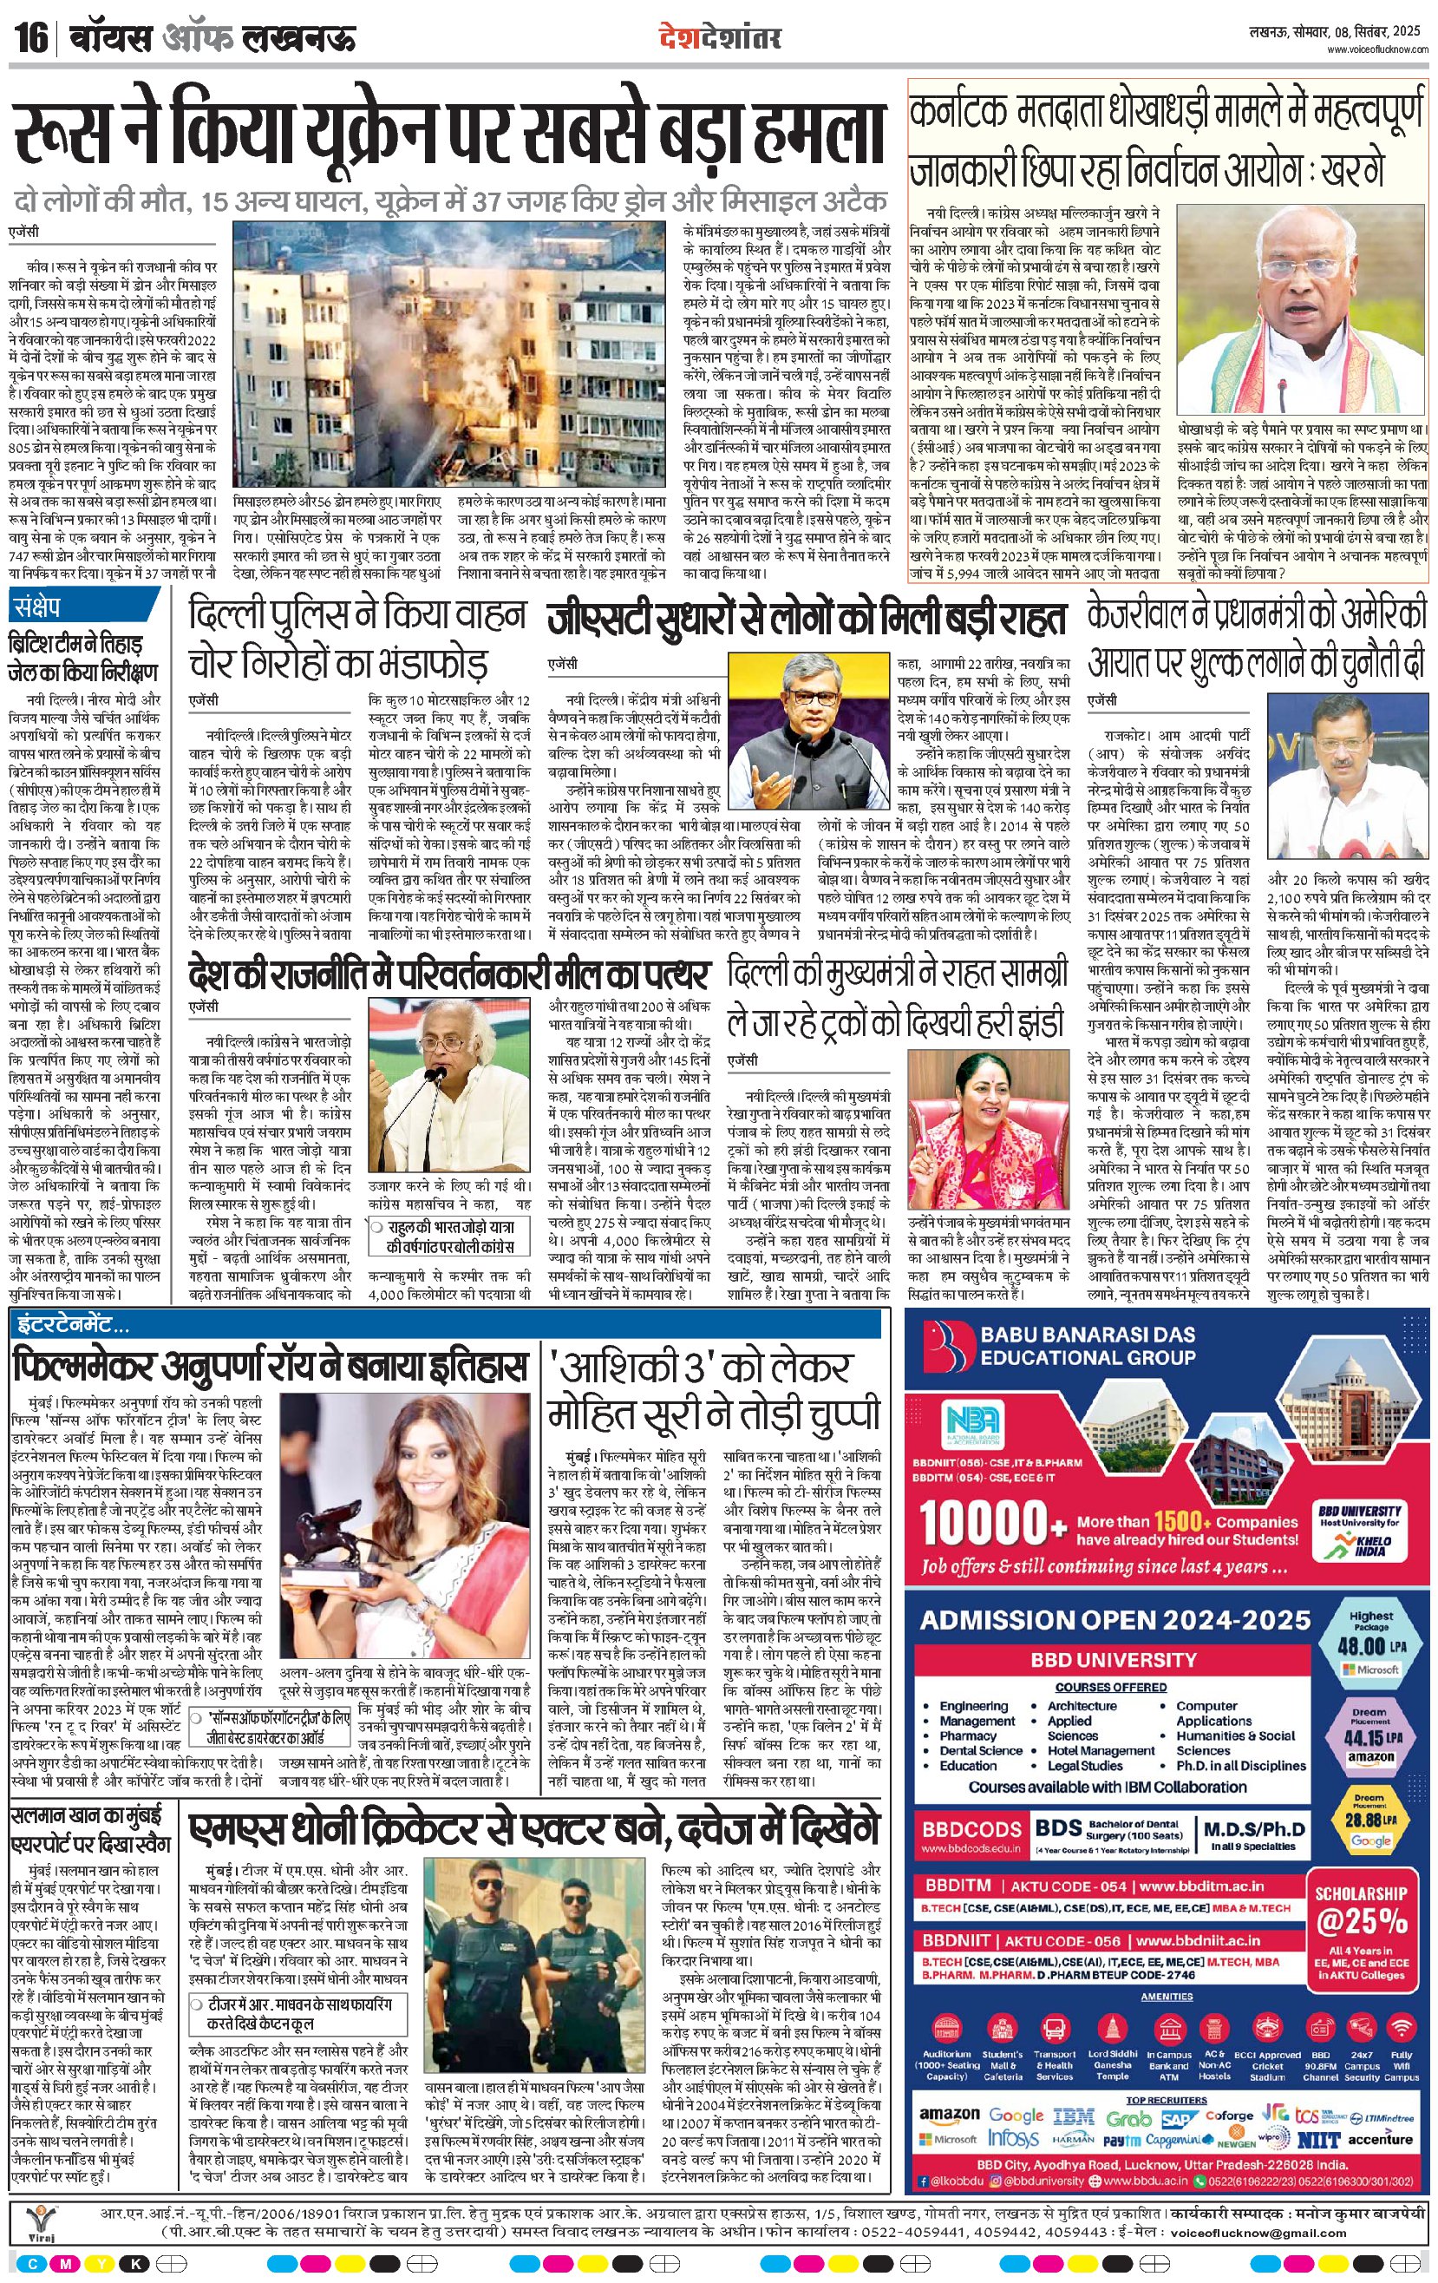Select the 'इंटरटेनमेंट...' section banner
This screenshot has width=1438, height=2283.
72,1322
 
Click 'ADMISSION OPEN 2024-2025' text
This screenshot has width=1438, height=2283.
1114,1619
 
